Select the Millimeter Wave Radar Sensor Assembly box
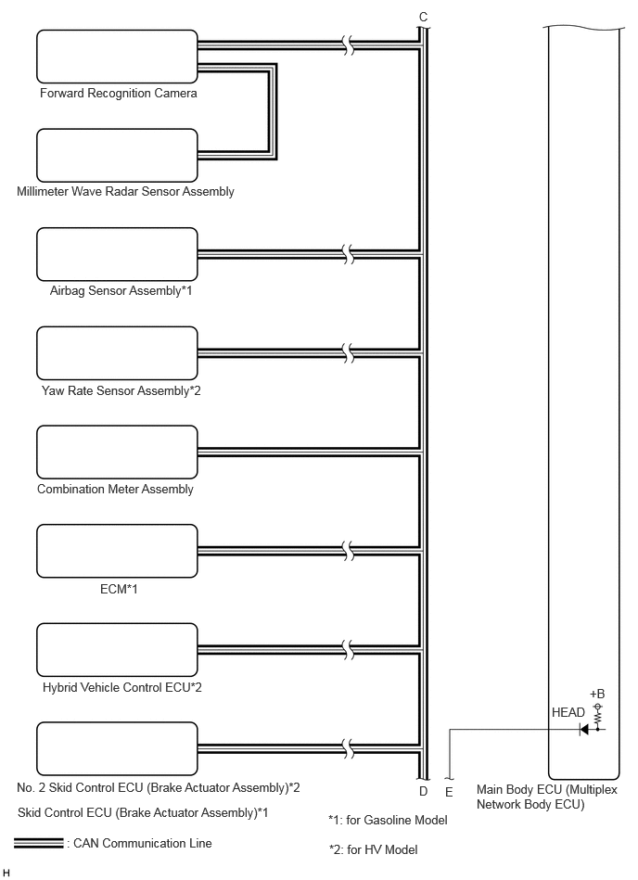[117, 156]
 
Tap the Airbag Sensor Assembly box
[117, 254]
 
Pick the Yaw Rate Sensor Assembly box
[117, 353]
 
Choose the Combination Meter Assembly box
[117, 452]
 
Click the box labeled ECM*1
[117, 551]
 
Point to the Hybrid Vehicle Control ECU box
[117, 650]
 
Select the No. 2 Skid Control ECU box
[117, 748]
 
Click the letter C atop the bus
[423, 18]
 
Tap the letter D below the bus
[423, 791]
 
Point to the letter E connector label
[449, 793]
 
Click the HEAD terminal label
[568, 712]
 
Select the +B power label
[597, 694]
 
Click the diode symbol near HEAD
[583, 730]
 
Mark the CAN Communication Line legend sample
[39, 843]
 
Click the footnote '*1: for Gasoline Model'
[388, 820]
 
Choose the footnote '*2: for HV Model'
[373, 849]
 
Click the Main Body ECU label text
[546, 797]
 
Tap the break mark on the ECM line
[349, 551]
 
